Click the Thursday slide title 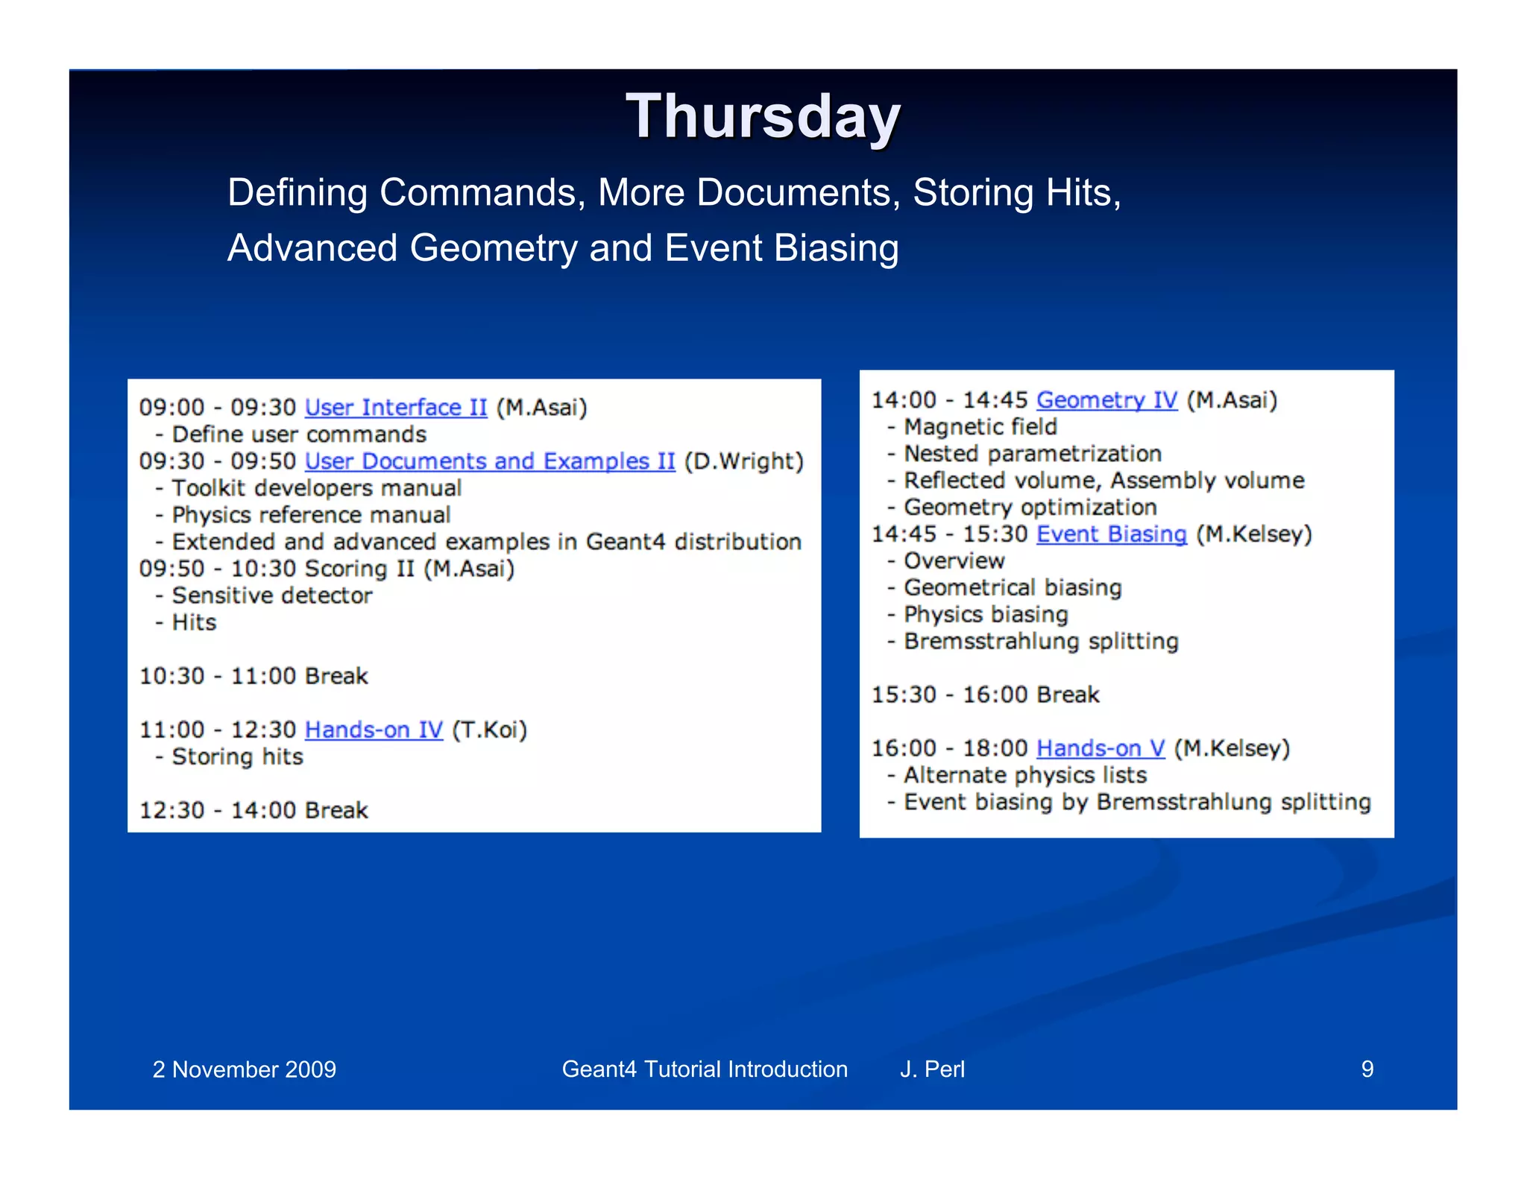[763, 117]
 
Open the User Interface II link [396, 408]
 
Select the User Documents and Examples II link [490, 461]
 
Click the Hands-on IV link [374, 730]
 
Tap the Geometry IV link [1106, 400]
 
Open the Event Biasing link [1111, 534]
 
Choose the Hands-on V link [1100, 748]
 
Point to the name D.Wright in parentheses [743, 461]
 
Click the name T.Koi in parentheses [489, 730]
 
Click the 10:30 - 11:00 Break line [254, 676]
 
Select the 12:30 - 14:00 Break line [254, 810]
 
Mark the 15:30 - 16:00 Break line [985, 695]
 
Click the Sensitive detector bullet [271, 595]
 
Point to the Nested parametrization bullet [1032, 454]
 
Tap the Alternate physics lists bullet [1024, 775]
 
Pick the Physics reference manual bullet [310, 515]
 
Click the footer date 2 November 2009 [244, 1069]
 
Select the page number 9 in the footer [1367, 1069]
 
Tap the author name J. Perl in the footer [932, 1069]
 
